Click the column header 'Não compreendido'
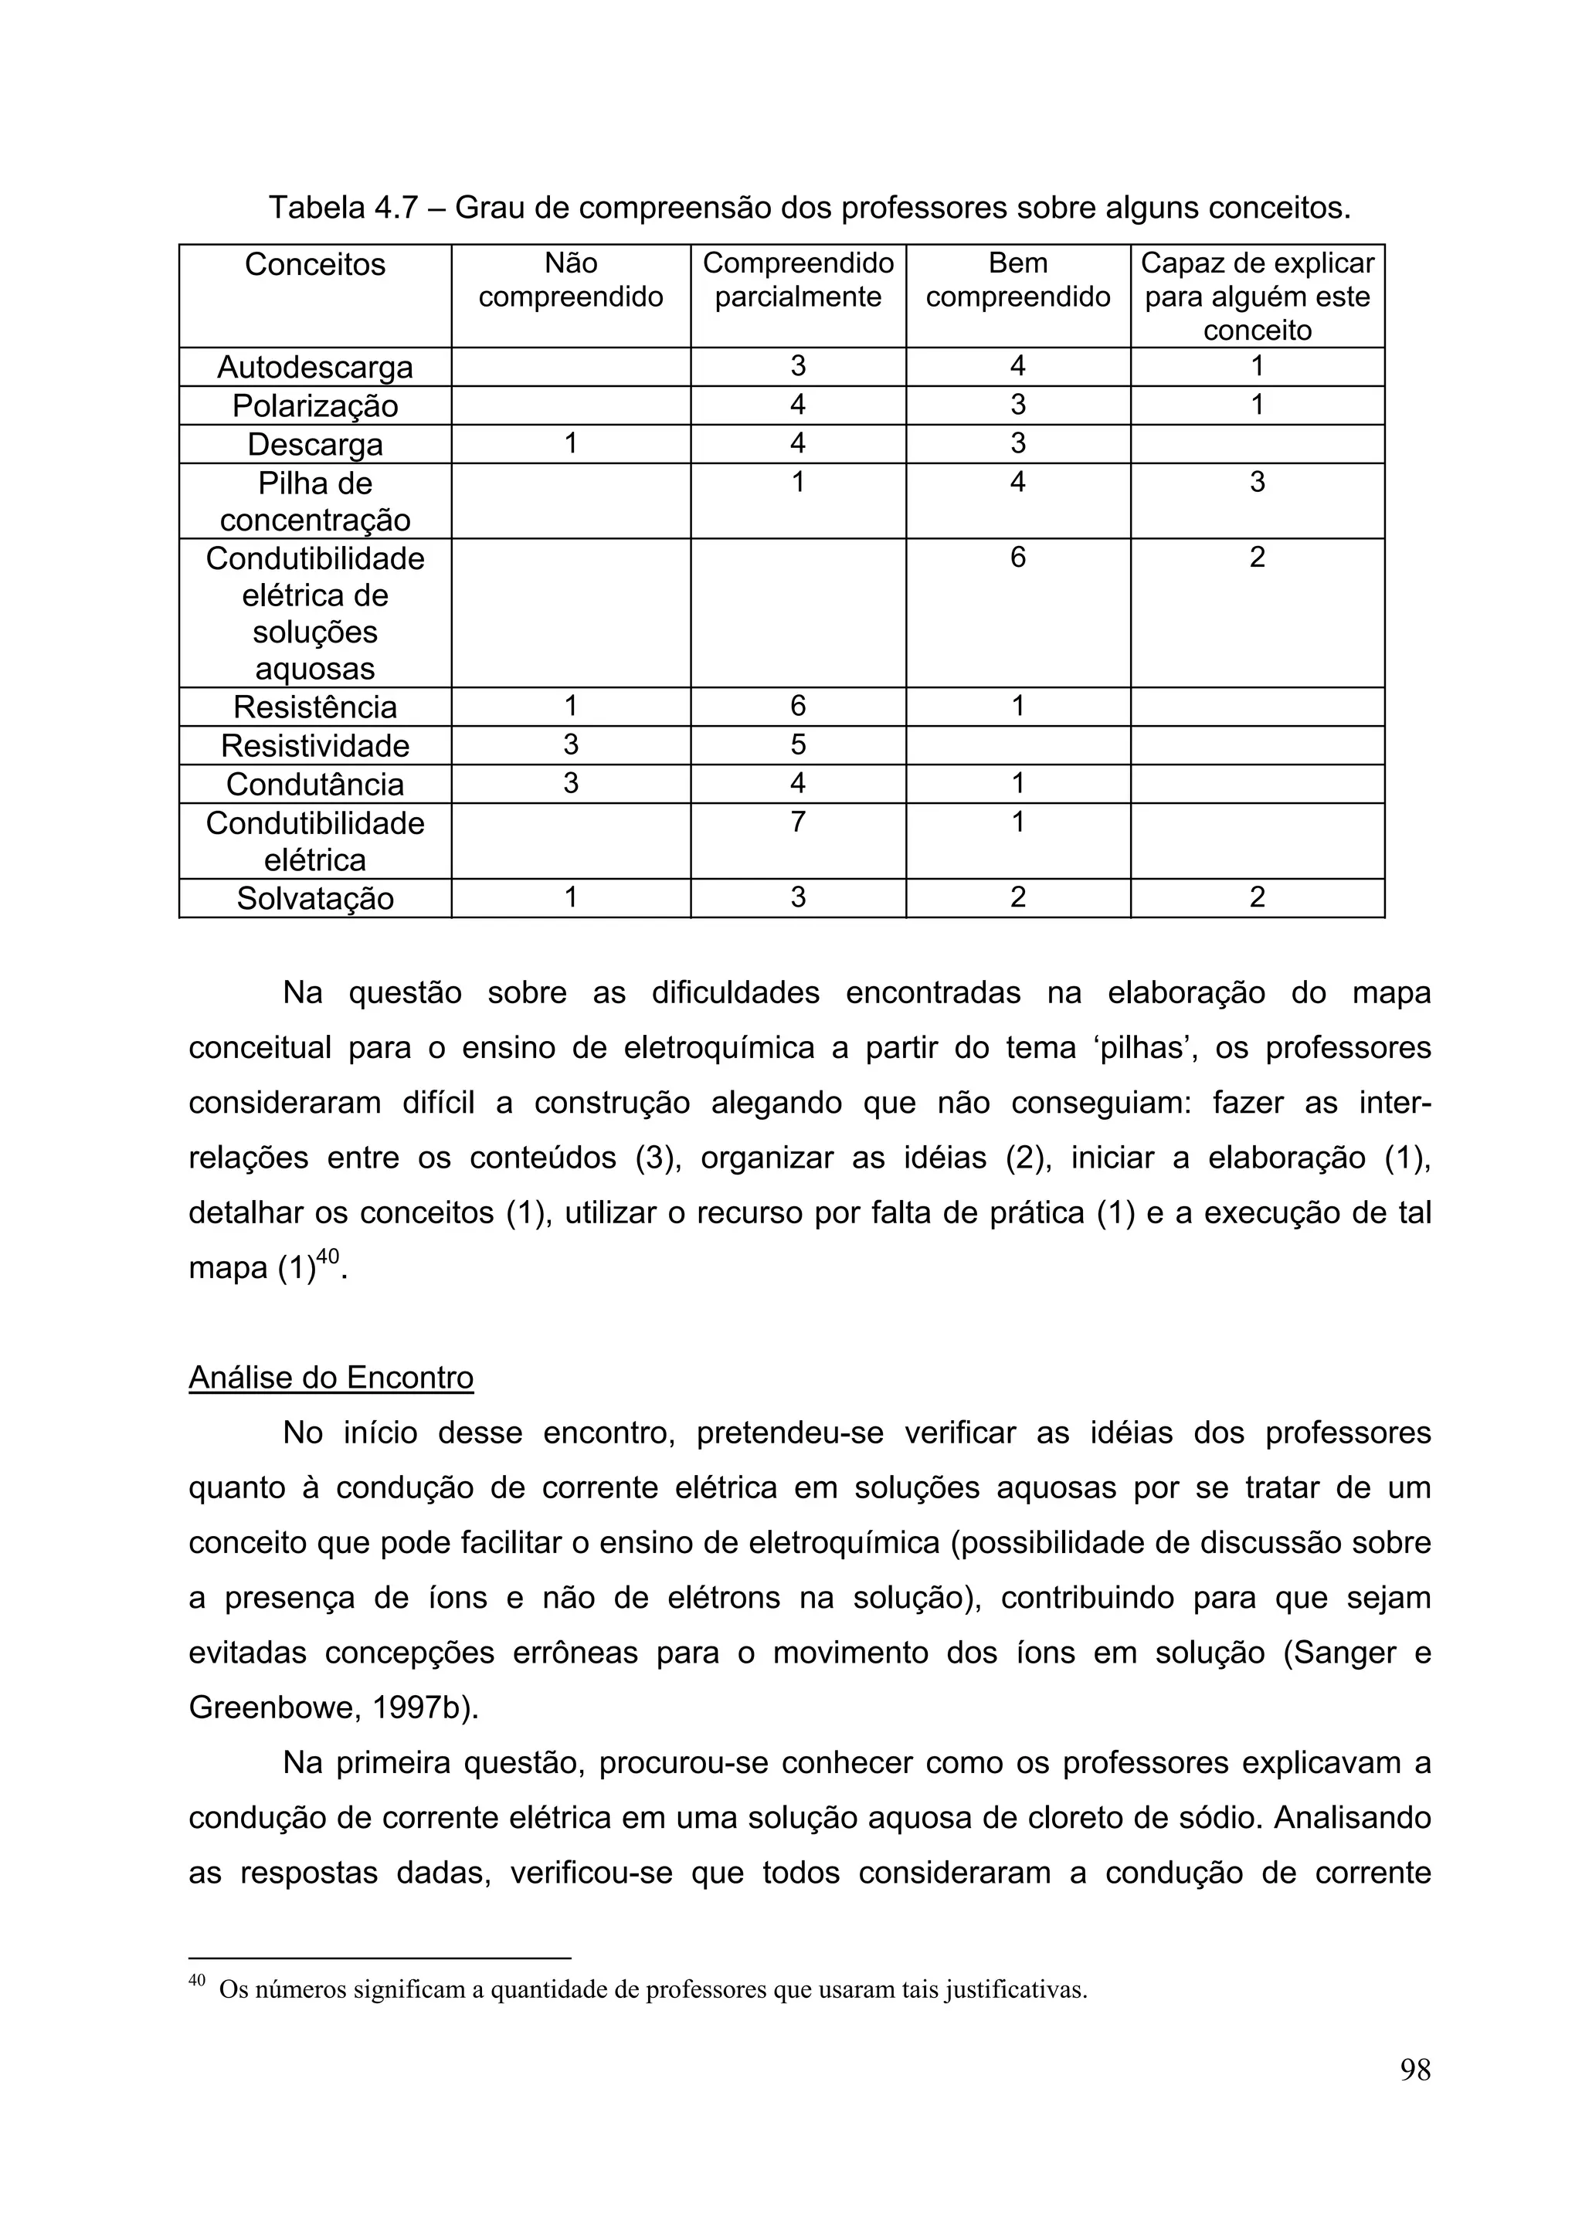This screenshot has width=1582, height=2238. click(570, 280)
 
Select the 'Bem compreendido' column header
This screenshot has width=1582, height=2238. click(1017, 280)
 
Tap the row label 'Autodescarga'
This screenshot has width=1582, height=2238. click(315, 368)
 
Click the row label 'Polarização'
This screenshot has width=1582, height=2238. click(315, 405)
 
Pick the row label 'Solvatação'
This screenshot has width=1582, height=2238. click(315, 897)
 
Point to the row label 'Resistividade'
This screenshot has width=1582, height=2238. click(315, 746)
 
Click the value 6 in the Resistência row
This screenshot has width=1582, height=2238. click(797, 706)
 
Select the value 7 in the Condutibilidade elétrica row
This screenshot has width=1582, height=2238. click(797, 822)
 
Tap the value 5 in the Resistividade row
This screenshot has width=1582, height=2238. click(797, 744)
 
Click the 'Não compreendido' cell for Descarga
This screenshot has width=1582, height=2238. click(570, 443)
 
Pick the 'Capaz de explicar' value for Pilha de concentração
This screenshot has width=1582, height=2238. click(1257, 482)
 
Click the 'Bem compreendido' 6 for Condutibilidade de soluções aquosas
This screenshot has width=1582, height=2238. click(1017, 557)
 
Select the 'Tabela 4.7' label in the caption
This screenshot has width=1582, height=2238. click(342, 208)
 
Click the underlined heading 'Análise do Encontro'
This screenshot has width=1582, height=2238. click(331, 1377)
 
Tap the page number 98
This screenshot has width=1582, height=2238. click(1414, 2097)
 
